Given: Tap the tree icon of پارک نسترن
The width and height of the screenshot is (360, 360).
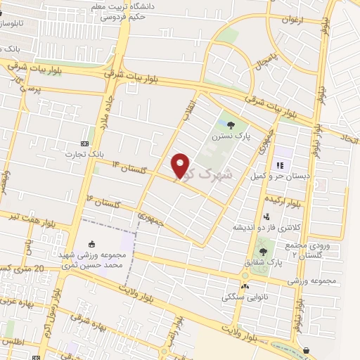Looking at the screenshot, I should point(231,125).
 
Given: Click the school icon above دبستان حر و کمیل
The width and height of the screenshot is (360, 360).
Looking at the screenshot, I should point(280,165).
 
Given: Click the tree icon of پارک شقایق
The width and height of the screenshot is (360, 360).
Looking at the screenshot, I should point(263,251).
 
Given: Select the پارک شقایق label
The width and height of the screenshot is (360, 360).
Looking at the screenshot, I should point(263,263).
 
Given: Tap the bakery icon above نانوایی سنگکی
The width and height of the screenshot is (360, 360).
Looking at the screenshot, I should point(245,286).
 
